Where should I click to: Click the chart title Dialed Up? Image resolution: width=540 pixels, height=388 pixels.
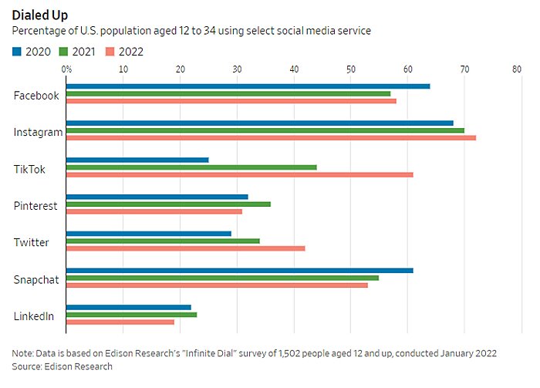[x=40, y=15]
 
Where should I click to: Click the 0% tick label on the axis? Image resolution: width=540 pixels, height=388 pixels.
[x=66, y=69]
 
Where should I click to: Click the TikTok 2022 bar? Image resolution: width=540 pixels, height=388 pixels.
[x=239, y=174]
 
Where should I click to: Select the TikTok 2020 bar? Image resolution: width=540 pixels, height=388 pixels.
[x=137, y=160]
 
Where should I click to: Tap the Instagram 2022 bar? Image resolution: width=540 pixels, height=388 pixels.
[x=271, y=137]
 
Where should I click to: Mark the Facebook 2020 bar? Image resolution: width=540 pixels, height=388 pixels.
[x=248, y=86]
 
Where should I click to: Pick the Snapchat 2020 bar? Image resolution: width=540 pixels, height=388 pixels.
[x=239, y=270]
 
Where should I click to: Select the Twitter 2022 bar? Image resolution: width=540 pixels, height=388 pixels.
[x=185, y=248]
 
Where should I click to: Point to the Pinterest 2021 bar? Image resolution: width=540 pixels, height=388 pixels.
[x=168, y=204]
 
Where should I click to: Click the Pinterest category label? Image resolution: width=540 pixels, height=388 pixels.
[x=36, y=206]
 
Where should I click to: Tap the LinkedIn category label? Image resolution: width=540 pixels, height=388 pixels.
[x=34, y=316]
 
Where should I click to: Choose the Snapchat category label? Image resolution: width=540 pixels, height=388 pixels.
[x=37, y=279]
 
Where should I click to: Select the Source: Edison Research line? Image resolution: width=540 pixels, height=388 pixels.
[x=62, y=366]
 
